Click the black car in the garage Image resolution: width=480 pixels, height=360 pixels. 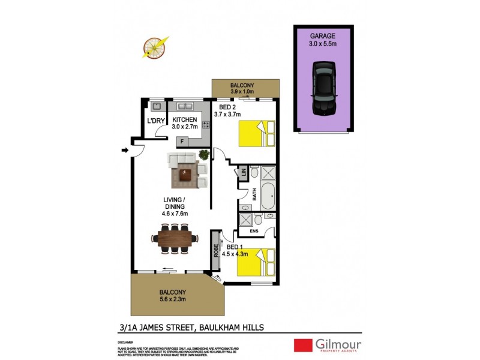(323, 88)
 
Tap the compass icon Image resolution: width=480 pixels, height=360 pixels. (154, 48)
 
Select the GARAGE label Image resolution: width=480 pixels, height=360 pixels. (323, 35)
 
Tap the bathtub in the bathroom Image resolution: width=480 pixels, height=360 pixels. (268, 195)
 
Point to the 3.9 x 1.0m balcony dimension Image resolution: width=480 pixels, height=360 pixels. (246, 92)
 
